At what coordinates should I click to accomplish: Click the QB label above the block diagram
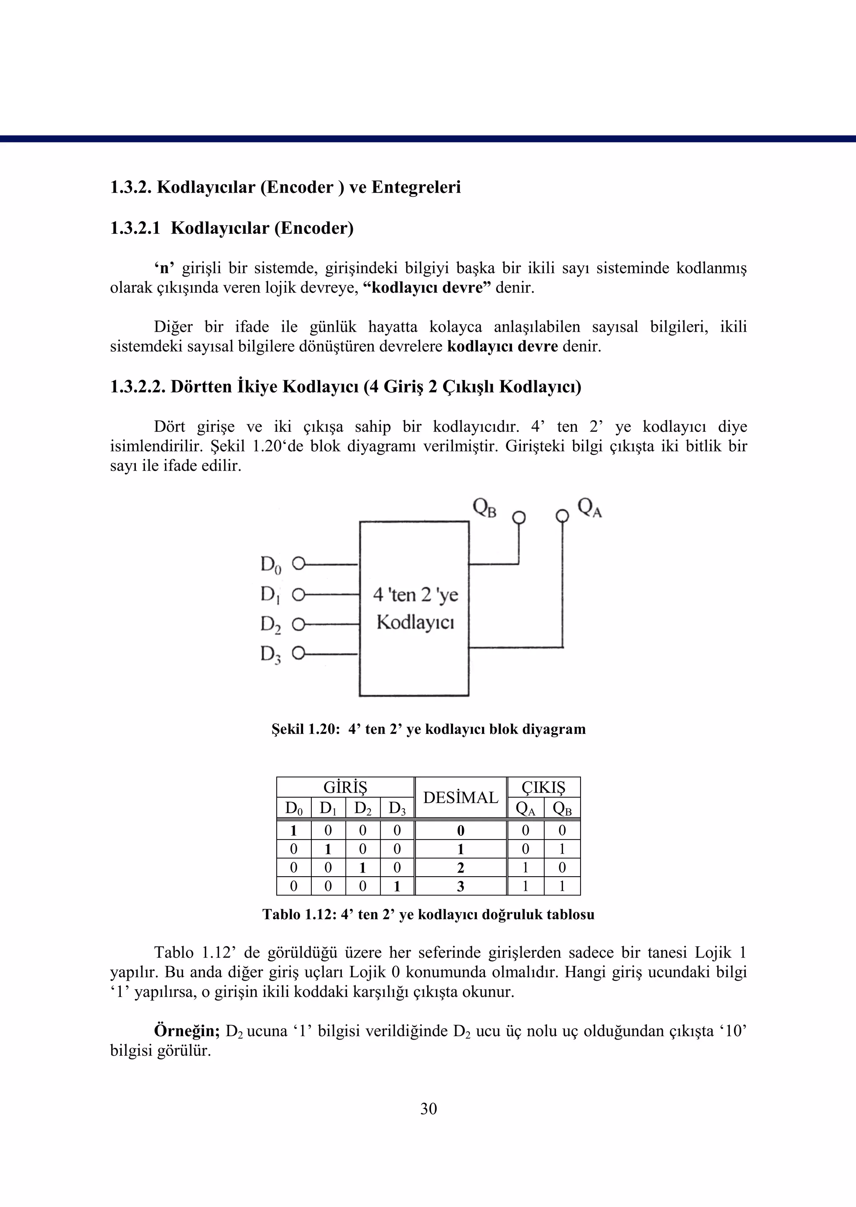484,508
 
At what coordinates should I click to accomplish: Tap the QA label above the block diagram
589,508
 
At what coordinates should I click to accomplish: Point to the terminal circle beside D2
298,624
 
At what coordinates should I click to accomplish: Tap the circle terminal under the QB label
519,517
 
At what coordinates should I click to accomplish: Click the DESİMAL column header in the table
460,798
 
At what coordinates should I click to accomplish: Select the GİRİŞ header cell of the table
345,787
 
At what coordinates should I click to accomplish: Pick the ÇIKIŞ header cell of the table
543,787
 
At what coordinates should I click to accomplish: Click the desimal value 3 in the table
460,887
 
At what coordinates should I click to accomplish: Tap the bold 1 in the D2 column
363,868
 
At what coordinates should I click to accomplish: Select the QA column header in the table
525,808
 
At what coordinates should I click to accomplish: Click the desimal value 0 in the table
460,831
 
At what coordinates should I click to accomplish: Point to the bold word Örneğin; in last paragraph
186,1031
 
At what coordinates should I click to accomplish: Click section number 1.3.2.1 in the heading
135,228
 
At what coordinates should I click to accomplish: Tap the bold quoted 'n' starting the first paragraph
164,269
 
